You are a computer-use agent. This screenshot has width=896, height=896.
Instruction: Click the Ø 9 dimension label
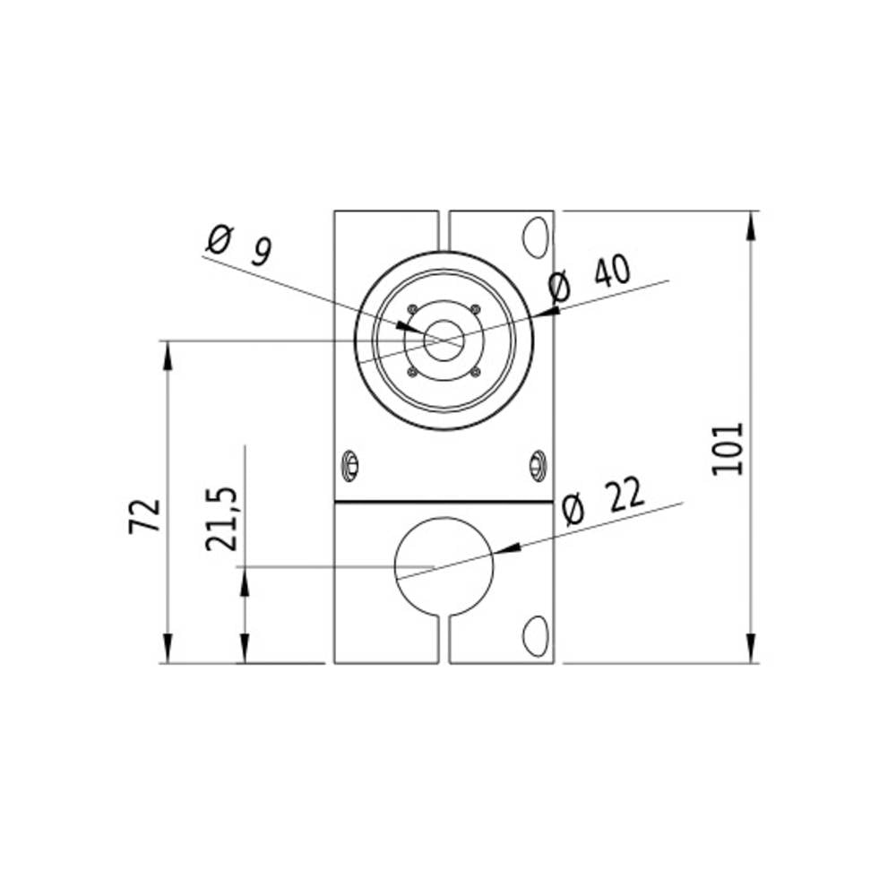[x=238, y=246]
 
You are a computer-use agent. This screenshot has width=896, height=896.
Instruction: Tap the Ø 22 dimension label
[x=602, y=503]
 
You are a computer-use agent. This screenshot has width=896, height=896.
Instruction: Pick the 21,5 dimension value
[x=220, y=520]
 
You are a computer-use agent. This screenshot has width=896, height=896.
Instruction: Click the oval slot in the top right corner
[x=536, y=235]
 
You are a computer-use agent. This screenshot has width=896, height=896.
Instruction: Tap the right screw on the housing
[x=538, y=464]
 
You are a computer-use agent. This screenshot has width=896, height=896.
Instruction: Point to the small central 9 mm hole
[x=444, y=340]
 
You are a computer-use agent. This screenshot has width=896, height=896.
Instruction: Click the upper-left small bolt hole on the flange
[x=412, y=310]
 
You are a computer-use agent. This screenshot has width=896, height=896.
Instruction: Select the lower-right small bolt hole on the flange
[x=476, y=372]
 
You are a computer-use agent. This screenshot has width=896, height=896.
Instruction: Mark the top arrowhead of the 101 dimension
[x=750, y=224]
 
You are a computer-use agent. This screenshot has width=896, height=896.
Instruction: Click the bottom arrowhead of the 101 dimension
[x=750, y=650]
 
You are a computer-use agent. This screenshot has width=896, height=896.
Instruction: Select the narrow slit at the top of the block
[x=444, y=230]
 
